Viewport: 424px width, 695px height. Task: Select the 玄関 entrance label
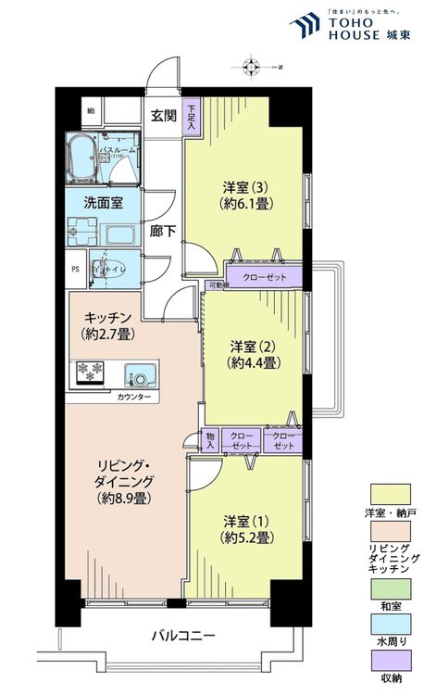point(164,115)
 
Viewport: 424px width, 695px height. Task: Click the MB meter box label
point(91,112)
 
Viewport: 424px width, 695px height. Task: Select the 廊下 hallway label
point(164,230)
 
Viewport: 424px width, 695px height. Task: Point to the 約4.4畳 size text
point(256,364)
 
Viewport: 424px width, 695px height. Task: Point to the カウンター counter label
point(136,397)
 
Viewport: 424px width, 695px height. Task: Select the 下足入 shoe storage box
point(190,118)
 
